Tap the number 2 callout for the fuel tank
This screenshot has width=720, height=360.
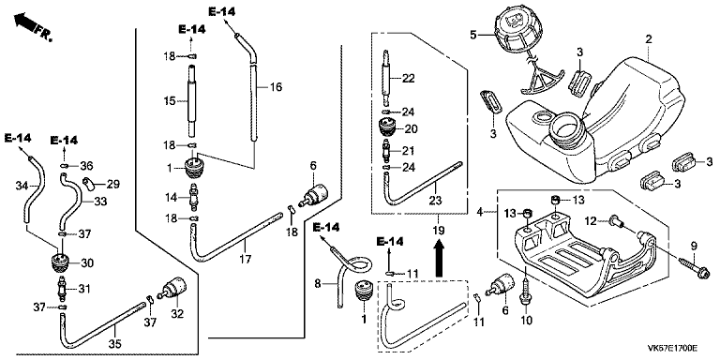pos(649,39)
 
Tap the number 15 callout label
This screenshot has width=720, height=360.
pos(170,101)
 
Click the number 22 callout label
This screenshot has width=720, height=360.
pos(409,79)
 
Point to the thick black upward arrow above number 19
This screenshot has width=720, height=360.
pos(439,259)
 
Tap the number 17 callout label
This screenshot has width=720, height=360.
pos(246,260)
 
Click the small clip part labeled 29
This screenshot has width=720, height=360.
pos(88,183)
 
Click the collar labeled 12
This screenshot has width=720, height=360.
pos(616,222)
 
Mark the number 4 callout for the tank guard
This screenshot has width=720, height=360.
pos(480,212)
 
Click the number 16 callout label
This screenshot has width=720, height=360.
pos(277,87)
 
